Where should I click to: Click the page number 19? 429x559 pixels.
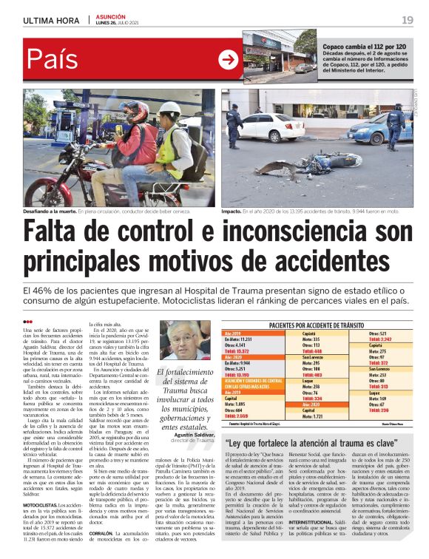(408, 19)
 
